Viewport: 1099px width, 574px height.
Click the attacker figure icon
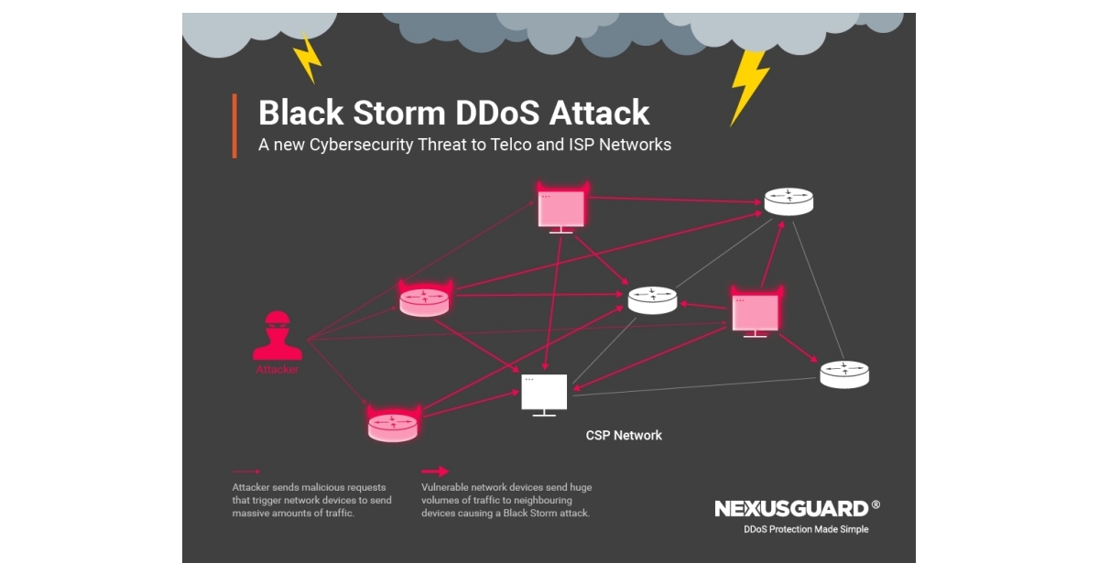click(277, 337)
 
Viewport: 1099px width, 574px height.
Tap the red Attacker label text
click(277, 370)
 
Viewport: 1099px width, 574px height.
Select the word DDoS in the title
click(495, 114)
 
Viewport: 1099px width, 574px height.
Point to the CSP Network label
click(624, 435)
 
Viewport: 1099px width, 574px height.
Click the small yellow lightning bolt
click(307, 57)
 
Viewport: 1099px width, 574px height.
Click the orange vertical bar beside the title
click(234, 125)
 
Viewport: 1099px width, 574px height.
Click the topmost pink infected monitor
click(561, 208)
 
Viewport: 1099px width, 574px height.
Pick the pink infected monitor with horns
click(756, 309)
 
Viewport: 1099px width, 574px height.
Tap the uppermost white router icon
click(789, 200)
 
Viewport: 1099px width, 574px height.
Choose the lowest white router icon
click(843, 374)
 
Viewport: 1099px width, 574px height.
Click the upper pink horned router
click(425, 299)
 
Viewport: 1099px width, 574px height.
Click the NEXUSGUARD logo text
click(790, 508)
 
